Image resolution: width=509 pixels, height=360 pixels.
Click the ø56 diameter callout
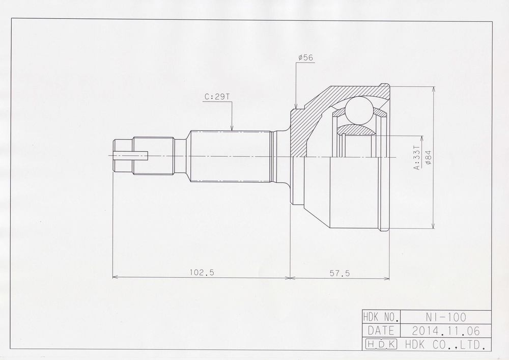click(305, 58)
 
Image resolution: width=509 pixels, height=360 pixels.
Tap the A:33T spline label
click(417, 158)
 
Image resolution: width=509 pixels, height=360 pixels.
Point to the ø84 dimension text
click(428, 157)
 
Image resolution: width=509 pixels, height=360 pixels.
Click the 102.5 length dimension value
click(202, 272)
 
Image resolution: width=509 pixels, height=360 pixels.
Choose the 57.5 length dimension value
click(340, 273)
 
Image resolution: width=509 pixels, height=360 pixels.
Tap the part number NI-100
click(446, 317)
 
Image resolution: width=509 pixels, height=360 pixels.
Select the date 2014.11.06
click(446, 330)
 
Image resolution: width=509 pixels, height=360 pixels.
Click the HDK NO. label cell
click(381, 317)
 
